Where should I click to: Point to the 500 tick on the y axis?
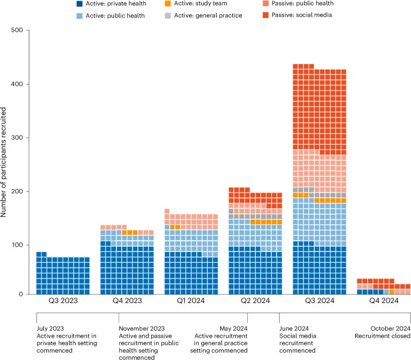[x=23, y=30]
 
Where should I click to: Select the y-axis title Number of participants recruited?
[x=5, y=162]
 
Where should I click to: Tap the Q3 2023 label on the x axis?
[x=62, y=302]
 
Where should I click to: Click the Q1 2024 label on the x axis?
[x=191, y=302]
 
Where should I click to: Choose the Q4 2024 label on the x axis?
[x=383, y=302]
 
